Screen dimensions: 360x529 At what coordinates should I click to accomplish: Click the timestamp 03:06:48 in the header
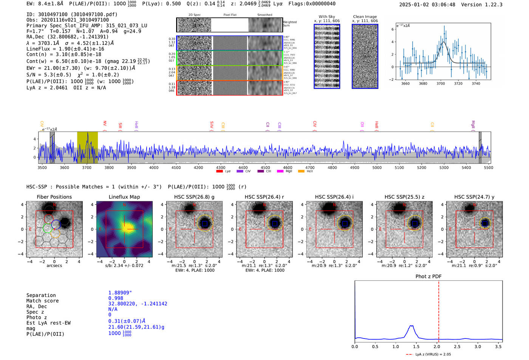[443, 5]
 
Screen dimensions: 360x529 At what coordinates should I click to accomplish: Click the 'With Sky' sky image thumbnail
[327, 56]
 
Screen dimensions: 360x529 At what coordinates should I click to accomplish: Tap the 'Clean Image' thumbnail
[365, 56]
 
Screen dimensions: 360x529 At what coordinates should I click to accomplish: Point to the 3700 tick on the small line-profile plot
[441, 83]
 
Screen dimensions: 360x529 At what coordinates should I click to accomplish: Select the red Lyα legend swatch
[220, 172]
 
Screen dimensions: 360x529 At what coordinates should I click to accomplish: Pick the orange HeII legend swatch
[301, 172]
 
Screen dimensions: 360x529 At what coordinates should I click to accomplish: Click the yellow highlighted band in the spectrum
[87, 147]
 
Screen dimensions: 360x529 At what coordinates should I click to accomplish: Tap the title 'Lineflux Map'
[124, 197]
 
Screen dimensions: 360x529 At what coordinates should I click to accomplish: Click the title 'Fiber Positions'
[54, 197]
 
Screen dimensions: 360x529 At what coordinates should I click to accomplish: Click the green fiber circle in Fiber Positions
[48, 228]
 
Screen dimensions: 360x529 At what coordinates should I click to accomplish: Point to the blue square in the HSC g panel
[205, 224]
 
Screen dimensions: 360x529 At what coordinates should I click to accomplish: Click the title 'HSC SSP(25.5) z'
[404, 197]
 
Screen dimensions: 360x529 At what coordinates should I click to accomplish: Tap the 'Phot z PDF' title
[428, 277]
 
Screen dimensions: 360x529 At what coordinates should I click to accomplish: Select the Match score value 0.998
[116, 298]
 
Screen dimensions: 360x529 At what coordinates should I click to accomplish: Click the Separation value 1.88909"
[120, 293]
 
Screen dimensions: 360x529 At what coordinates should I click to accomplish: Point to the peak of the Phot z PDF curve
[411, 326]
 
